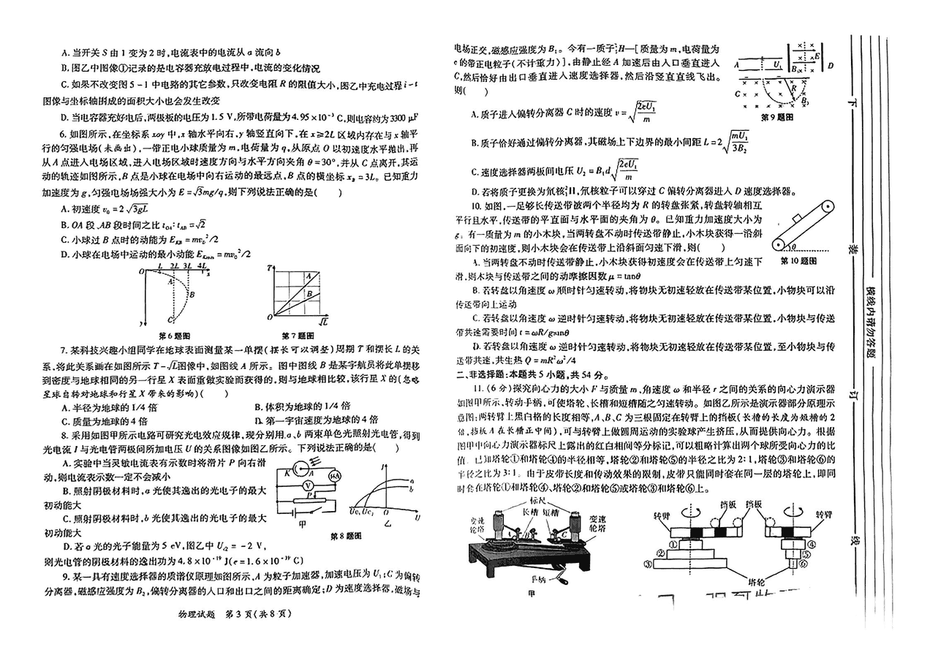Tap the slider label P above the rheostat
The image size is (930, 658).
[x=310, y=495]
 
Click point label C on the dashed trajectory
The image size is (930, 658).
[x=169, y=319]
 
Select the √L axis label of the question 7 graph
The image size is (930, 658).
[x=322, y=321]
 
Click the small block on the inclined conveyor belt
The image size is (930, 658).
[x=798, y=219]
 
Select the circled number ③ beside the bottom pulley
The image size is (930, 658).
[x=648, y=564]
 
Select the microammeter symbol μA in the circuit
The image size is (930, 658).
[x=333, y=476]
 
